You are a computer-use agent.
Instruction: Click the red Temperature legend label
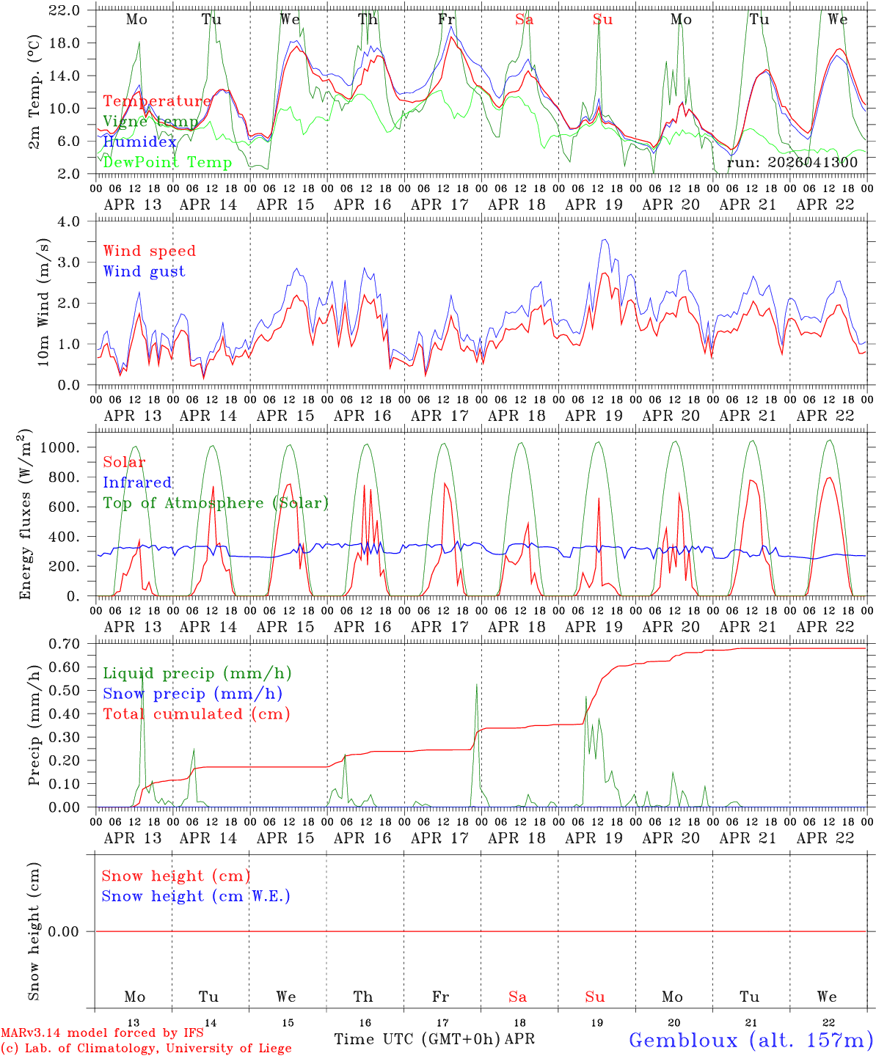(156, 101)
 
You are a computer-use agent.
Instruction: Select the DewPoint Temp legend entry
(167, 162)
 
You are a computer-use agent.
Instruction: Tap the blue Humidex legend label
(139, 142)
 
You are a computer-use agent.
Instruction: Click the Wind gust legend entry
(144, 271)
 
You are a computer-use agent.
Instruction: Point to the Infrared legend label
(137, 483)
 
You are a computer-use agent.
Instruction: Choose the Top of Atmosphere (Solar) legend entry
(216, 503)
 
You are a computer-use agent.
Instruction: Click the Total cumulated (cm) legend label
(196, 714)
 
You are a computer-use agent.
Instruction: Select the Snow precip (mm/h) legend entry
(192, 694)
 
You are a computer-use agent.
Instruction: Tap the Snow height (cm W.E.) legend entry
(196, 896)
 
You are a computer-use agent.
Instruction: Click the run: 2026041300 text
(792, 163)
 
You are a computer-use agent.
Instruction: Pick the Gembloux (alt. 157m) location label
(751, 1040)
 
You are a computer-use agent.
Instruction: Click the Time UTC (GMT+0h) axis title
(417, 1039)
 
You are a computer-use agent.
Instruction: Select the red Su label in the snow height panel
(595, 997)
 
